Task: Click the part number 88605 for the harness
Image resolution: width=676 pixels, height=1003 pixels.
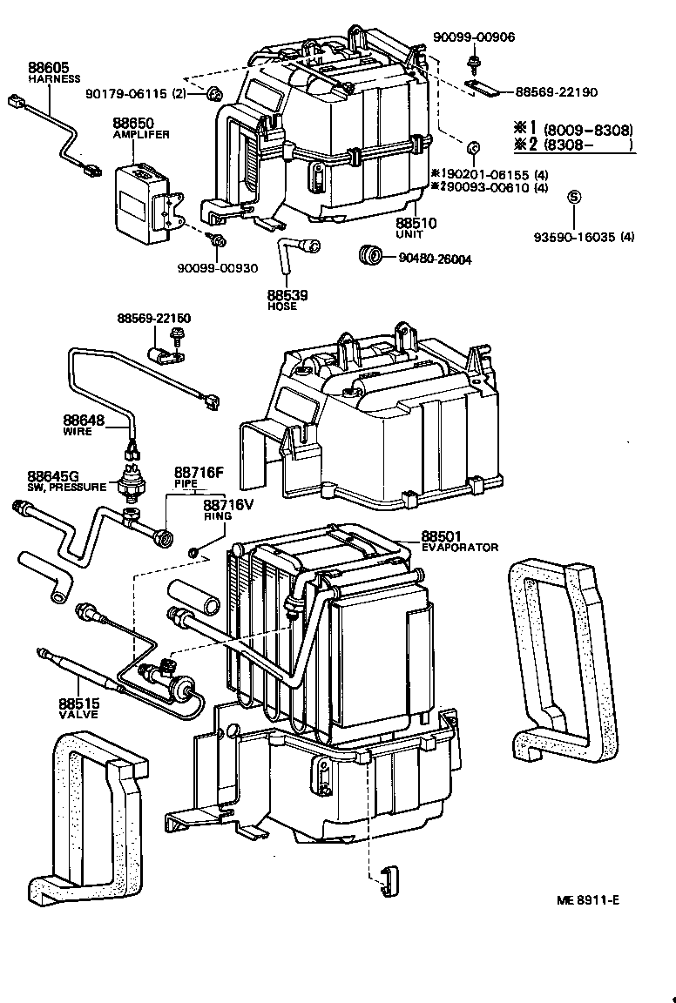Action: coord(48,67)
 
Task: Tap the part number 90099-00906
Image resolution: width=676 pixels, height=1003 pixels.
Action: coord(474,37)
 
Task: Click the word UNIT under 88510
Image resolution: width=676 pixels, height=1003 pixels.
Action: coord(409,235)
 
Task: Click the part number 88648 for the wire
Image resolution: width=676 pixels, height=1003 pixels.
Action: coord(83,420)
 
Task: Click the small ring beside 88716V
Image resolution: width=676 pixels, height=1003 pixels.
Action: coord(193,552)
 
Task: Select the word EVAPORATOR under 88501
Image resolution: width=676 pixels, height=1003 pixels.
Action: coord(460,548)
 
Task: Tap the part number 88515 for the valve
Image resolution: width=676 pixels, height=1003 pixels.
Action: coord(78,703)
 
